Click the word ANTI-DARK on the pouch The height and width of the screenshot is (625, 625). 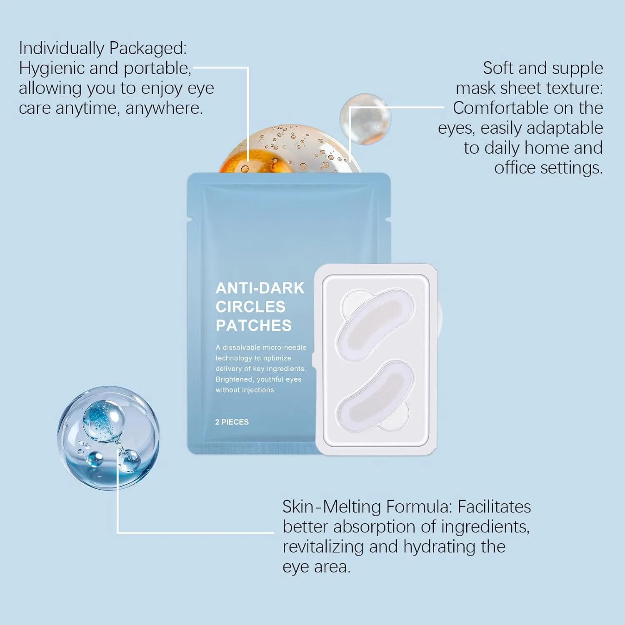point(260,288)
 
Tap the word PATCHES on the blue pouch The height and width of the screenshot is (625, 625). point(253,325)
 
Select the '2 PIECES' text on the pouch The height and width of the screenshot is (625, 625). point(232,422)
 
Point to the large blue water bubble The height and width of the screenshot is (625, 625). point(108,437)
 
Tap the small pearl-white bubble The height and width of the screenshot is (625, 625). point(365,119)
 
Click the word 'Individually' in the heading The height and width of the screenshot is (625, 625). point(61,48)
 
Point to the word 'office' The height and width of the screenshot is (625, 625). point(515,168)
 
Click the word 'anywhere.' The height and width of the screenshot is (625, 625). point(164,109)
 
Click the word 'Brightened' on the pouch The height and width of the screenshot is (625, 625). point(234,380)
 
